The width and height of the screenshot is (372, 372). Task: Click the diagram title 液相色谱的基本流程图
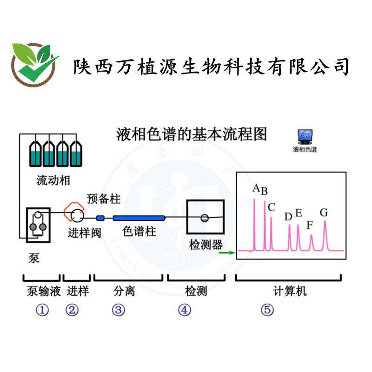click(x=191, y=134)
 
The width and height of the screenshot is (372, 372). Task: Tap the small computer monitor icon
click(x=305, y=136)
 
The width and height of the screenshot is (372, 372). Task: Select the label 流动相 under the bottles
click(x=53, y=180)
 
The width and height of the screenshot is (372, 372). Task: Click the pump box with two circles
click(x=37, y=224)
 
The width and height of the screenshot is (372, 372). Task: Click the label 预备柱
click(x=103, y=199)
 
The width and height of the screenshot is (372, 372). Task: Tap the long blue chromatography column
click(x=139, y=218)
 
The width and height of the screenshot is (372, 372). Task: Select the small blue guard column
click(x=100, y=218)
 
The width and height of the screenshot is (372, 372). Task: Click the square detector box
click(x=205, y=217)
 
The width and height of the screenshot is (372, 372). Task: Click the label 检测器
click(x=206, y=245)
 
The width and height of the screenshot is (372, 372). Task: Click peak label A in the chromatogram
click(x=256, y=188)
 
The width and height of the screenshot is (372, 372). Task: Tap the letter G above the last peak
click(x=324, y=213)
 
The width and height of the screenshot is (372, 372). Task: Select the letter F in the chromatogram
click(x=310, y=226)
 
